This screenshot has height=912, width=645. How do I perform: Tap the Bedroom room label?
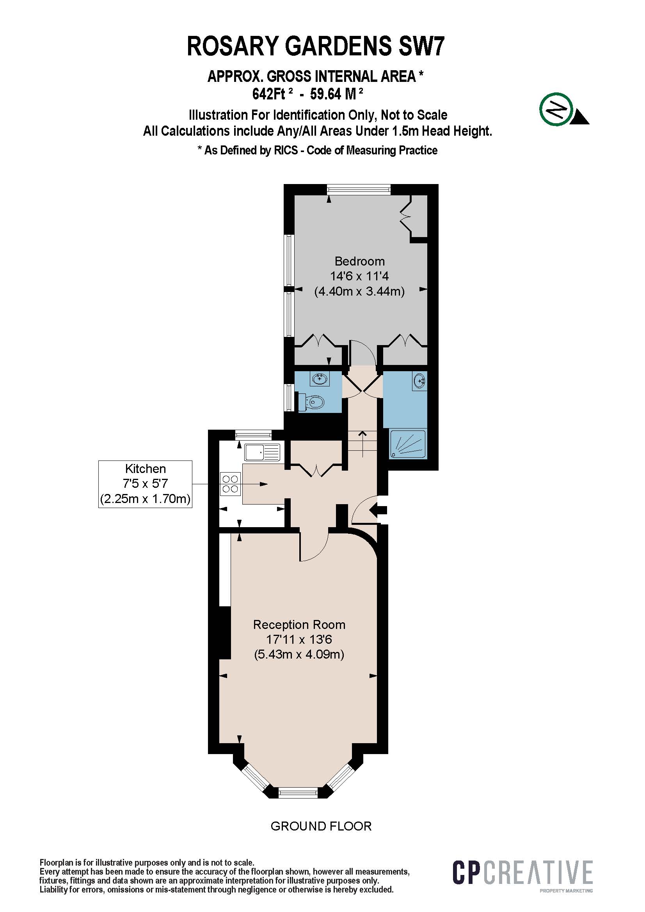click(360, 261)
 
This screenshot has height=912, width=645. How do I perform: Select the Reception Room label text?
click(299, 625)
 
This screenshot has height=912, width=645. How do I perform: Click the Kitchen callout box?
click(146, 484)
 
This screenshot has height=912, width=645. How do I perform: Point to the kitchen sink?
click(262, 452)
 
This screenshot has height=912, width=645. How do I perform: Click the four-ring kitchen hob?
click(231, 484)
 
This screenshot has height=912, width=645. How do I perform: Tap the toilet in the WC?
click(311, 402)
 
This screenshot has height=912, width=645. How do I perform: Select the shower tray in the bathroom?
click(408, 444)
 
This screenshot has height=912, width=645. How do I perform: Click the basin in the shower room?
click(420, 381)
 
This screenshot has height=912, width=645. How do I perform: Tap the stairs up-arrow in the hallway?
click(362, 444)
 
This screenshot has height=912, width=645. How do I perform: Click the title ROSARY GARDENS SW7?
click(316, 46)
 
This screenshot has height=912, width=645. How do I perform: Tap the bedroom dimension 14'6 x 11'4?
click(360, 276)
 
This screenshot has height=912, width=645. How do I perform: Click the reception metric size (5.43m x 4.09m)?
click(299, 654)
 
